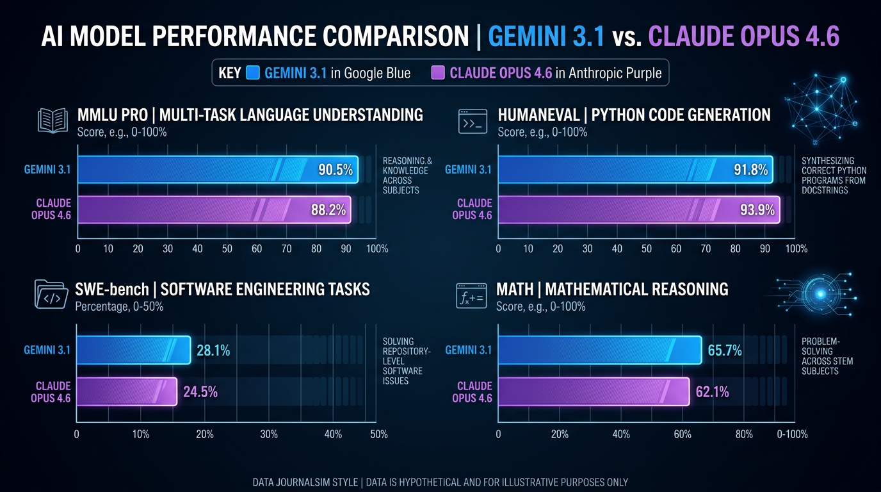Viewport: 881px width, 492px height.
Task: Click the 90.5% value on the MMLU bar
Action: [x=335, y=170]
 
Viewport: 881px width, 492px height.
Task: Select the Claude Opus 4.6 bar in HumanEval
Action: [x=638, y=209]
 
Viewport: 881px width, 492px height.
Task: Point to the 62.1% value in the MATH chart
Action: [x=712, y=392]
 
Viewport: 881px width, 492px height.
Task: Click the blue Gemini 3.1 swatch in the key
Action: [x=252, y=73]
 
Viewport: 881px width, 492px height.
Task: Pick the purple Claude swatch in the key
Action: [x=438, y=73]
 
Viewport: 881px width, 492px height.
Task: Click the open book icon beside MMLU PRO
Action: [x=53, y=120]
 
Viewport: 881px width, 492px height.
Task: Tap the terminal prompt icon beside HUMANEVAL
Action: [x=473, y=121]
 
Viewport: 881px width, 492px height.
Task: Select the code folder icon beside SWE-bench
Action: [x=49, y=295]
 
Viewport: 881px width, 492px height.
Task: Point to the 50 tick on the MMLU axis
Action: [x=227, y=249]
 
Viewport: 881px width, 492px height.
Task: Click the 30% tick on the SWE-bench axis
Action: [x=269, y=434]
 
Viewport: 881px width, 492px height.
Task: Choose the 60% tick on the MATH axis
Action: [x=683, y=434]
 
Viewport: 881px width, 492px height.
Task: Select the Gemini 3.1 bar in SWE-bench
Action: [x=133, y=350]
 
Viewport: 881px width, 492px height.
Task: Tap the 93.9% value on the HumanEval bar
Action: [x=757, y=209]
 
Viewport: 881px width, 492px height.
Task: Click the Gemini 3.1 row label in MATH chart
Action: [x=468, y=350]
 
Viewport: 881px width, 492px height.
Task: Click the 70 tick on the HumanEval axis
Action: [x=706, y=249]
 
